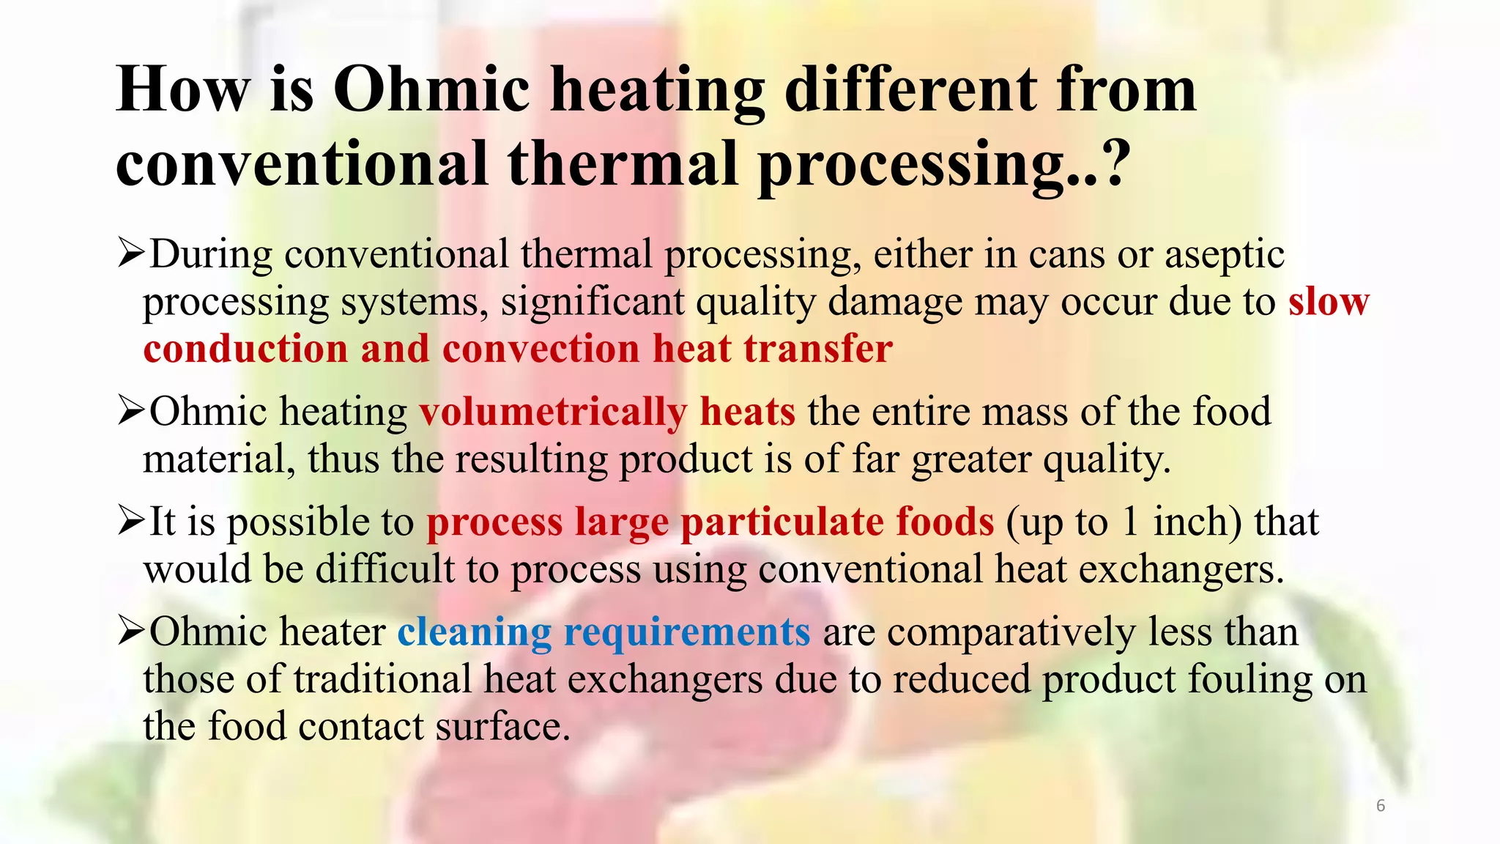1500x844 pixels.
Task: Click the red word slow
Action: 1329,302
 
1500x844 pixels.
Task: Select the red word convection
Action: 541,349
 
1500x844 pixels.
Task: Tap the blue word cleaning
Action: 475,632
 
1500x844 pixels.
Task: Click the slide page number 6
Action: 1381,806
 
